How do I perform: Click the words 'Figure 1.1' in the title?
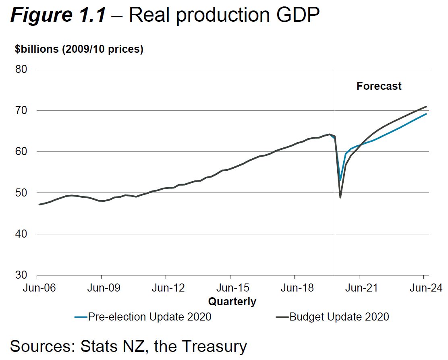[x=58, y=15]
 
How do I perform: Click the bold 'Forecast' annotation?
[x=379, y=86]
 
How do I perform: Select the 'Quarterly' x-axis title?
[x=232, y=301]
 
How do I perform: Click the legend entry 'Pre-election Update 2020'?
[x=149, y=317]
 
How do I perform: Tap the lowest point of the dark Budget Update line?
[x=340, y=197]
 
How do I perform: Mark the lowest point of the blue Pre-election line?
[x=340, y=180]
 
